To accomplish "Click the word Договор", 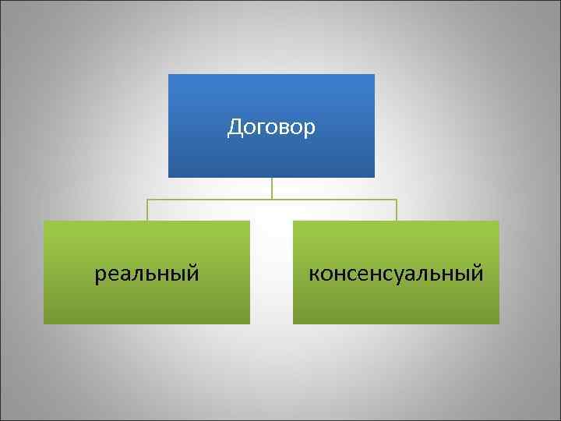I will pos(271,127).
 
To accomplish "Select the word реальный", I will pos(146,274).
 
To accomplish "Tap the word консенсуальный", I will pos(396,274).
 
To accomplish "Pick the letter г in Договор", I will pos(259,129).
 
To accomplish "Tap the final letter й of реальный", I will pos(192,273).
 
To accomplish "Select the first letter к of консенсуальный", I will pos(314,274).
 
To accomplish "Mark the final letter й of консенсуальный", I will pos(478,273).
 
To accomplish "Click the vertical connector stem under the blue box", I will pos(271,188).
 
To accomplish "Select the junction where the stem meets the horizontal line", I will pos(271,200).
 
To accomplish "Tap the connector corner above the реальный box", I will pos(147,200).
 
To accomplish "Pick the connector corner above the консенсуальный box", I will pos(396,200).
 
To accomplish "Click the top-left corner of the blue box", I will pos(169,75).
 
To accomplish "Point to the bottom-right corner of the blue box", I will pos(374,177).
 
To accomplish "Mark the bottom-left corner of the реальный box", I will pos(44,323).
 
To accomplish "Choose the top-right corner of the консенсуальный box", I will pos(499,221).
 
